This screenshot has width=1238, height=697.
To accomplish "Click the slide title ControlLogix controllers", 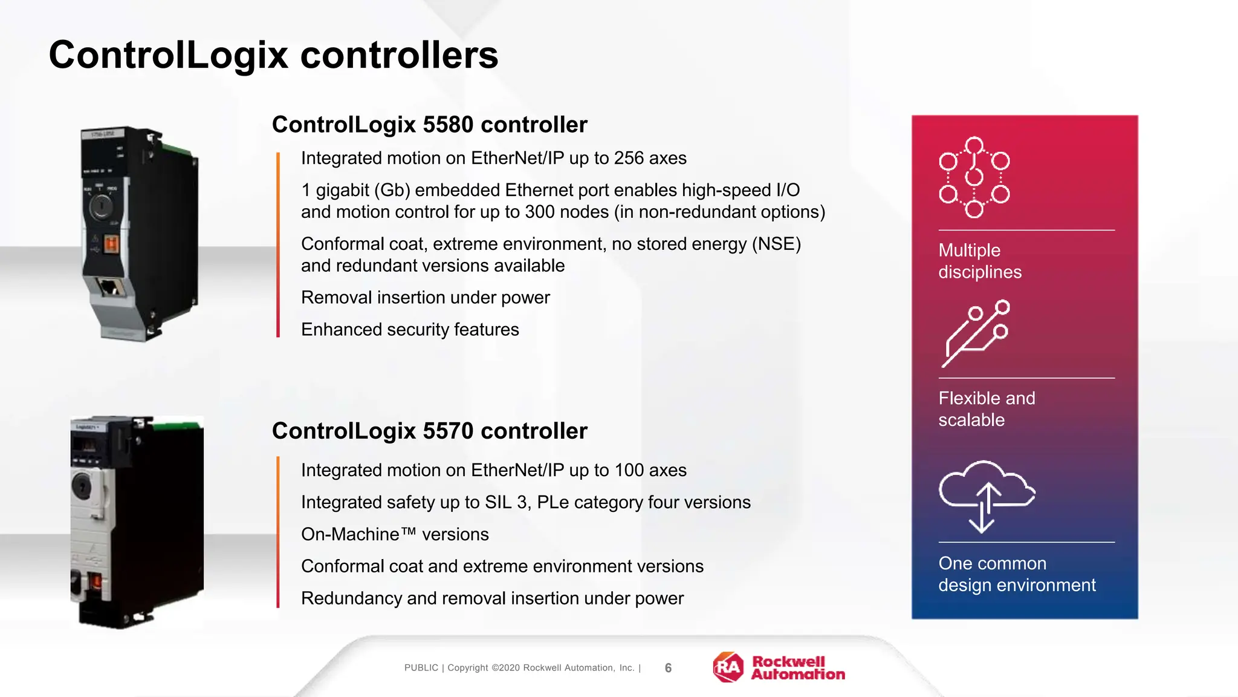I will [273, 55].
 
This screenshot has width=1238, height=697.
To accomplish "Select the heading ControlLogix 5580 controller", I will [429, 125].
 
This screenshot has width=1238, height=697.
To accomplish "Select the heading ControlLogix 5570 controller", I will [429, 431].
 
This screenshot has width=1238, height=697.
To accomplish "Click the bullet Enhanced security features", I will [410, 330].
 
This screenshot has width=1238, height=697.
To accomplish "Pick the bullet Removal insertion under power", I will [425, 298].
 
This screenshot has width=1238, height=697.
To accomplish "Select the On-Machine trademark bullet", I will [394, 535].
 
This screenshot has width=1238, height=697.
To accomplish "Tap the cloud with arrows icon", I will [985, 495].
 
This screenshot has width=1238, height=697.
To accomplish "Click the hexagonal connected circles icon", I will [974, 177].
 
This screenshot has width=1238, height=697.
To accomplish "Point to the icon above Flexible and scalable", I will [975, 333].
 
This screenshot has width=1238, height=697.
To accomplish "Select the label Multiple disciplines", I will [979, 261].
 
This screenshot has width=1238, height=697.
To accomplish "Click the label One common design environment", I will [1016, 574].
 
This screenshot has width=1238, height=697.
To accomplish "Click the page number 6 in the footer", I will [668, 668].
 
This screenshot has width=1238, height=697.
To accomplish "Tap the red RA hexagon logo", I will [728, 667].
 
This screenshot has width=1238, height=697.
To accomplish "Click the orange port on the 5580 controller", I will [112, 244].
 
